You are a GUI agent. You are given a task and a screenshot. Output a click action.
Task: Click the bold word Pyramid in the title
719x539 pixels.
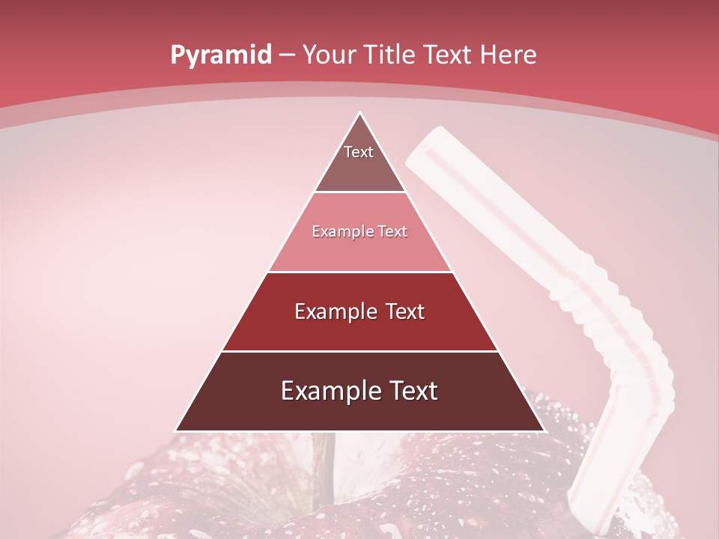[x=220, y=55]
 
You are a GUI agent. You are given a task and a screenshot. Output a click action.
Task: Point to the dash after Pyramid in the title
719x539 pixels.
[x=287, y=56]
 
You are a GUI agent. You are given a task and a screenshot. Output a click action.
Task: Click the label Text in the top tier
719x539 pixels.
[x=359, y=152]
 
